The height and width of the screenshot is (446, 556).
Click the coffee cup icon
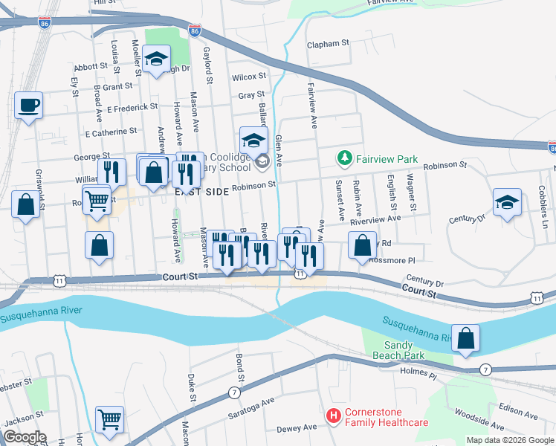pyautogui.click(x=28, y=106)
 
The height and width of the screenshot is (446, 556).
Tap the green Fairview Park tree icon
pyautogui.click(x=343, y=158)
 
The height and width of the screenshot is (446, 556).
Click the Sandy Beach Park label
pyautogui.click(x=404, y=350)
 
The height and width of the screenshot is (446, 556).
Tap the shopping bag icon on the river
pyautogui.click(x=465, y=338)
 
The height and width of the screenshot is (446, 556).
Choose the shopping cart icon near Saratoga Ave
pyautogui.click(x=109, y=419)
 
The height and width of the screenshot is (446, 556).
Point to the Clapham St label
pyautogui.click(x=328, y=44)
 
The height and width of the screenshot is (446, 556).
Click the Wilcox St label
pyautogui.click(x=248, y=77)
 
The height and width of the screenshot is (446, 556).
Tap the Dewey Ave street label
pyautogui.click(x=297, y=427)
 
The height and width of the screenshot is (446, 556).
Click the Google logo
pyautogui.click(x=25, y=437)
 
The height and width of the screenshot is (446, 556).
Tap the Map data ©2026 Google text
pyautogui.click(x=510, y=440)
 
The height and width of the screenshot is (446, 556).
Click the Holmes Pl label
pyautogui.click(x=420, y=371)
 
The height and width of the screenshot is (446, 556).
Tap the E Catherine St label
pyautogui.click(x=111, y=132)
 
